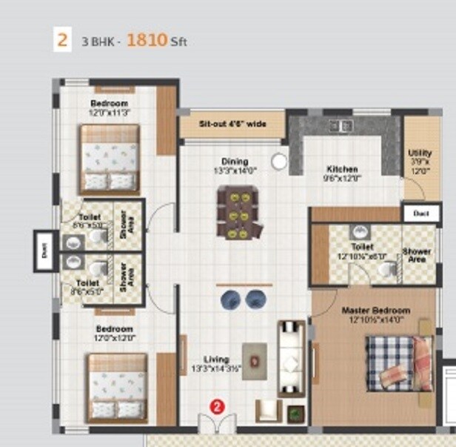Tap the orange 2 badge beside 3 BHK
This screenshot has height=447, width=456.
point(62,40)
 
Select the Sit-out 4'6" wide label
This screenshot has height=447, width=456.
point(232,124)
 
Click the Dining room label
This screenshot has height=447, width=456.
point(235,162)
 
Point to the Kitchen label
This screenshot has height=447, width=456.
point(342,169)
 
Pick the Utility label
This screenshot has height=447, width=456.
point(420,153)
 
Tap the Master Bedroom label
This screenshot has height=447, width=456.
point(375,310)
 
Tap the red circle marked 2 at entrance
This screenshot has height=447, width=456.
point(216,406)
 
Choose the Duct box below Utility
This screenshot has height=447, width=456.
point(421,213)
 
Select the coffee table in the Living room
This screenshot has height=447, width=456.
point(255,361)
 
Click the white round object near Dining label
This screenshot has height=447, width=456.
point(278,161)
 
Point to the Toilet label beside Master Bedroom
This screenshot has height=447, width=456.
point(363,246)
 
